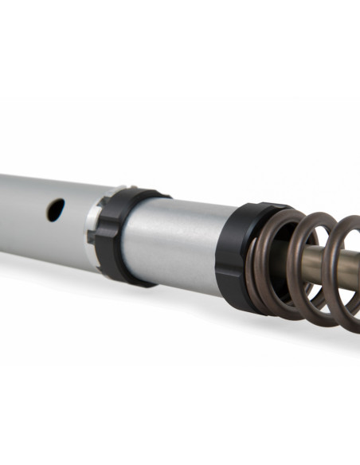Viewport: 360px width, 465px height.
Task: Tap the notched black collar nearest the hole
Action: click(x=119, y=235)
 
